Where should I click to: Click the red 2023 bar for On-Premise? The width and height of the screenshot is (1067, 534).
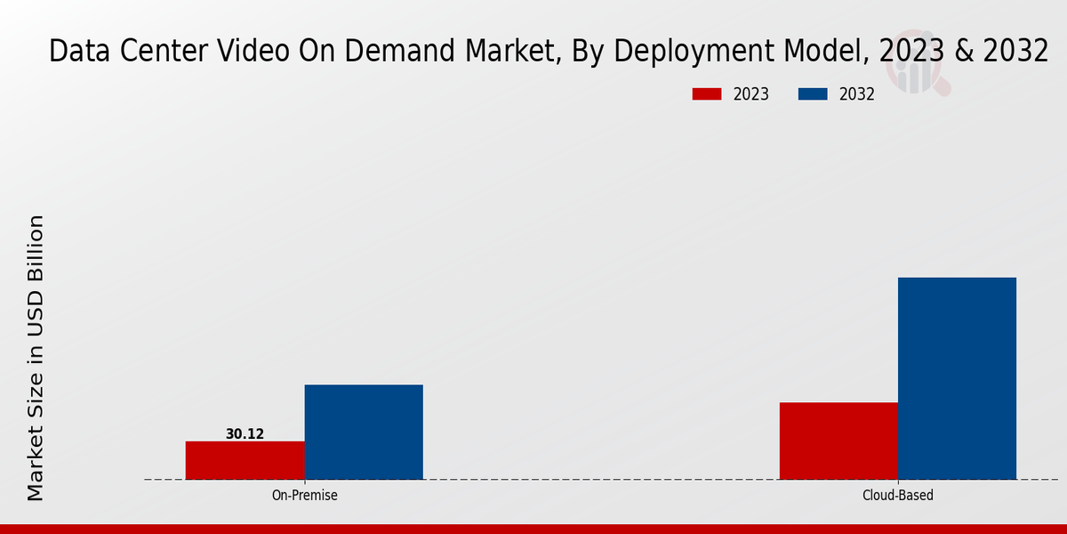click(x=245, y=460)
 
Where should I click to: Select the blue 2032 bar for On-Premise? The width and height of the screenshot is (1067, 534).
click(x=364, y=432)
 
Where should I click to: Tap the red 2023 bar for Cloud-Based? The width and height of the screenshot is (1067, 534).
click(x=838, y=441)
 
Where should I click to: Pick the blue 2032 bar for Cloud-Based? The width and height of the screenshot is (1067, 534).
click(x=957, y=378)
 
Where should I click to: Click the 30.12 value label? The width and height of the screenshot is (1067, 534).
click(x=245, y=434)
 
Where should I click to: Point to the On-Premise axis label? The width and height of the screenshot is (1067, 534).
click(x=304, y=495)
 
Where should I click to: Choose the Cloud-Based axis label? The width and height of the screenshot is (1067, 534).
click(x=898, y=495)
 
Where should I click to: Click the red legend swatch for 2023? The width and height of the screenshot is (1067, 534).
click(x=707, y=94)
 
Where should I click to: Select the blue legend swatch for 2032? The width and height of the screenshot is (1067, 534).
click(x=813, y=94)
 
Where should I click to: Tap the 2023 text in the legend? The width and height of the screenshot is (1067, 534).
click(x=751, y=94)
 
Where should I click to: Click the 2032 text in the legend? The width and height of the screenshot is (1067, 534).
click(x=857, y=94)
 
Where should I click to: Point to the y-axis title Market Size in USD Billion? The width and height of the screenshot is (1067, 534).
click(x=36, y=358)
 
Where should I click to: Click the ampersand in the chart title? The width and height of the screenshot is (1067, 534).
click(x=968, y=52)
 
